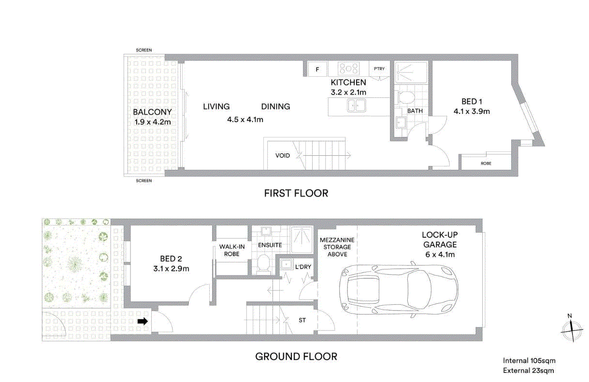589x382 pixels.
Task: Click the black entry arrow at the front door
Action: [143, 321]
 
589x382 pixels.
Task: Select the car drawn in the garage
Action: [399, 289]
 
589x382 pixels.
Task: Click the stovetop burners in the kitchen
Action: [349, 68]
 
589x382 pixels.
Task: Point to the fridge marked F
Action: [317, 69]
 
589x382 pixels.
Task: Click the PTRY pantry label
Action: [379, 68]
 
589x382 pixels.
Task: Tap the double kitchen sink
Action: [356, 105]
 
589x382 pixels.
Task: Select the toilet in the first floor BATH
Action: [406, 96]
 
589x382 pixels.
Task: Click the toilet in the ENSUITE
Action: [263, 263]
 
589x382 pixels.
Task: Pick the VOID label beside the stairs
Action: [283, 156]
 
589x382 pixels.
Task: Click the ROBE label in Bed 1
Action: [486, 164]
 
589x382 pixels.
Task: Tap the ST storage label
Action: [302, 320]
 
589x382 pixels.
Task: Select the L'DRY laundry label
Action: [303, 267]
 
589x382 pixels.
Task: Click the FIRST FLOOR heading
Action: [296, 193]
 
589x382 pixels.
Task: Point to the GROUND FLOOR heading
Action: [296, 356]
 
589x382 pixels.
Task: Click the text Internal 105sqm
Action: [529, 361]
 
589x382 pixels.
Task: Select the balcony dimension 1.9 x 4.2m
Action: [153, 122]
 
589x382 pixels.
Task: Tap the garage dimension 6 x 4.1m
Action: [440, 254]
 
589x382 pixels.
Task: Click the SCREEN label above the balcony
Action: [144, 50]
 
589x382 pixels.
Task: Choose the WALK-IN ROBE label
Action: [232, 250]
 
